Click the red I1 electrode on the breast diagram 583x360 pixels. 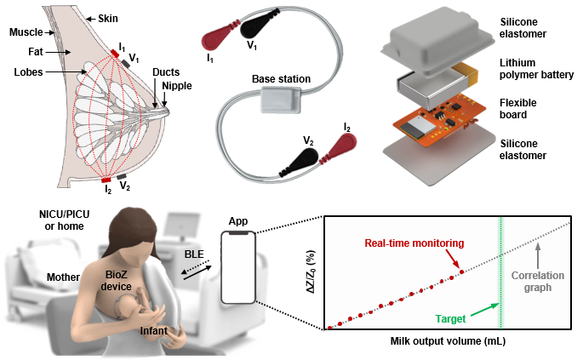coord(115,54)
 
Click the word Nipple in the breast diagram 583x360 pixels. coord(181,87)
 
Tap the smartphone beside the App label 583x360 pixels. coord(237,270)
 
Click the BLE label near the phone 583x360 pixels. coord(195,252)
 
